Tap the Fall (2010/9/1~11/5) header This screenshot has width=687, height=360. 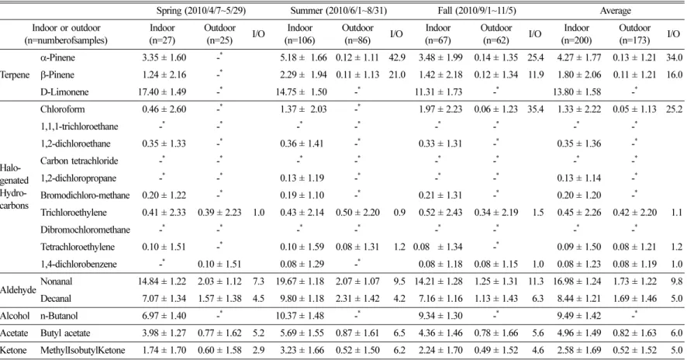(x=477, y=11)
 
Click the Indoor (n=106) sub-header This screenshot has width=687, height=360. (x=300, y=34)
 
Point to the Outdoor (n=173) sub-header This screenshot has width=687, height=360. (x=634, y=34)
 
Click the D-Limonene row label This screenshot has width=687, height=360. (x=64, y=92)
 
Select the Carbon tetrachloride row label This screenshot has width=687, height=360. (x=79, y=161)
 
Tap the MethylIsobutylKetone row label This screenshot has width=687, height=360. (x=83, y=351)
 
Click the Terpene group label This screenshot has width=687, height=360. (x=15, y=75)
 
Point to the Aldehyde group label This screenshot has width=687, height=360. (x=18, y=290)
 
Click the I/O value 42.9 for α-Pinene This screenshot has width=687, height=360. (x=397, y=57)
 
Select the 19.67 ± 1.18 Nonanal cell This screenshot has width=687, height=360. (x=300, y=282)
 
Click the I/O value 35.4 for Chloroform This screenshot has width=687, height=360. (x=535, y=109)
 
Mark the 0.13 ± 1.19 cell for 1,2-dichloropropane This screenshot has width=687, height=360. (x=302, y=178)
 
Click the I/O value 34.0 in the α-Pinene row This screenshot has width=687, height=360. (x=675, y=57)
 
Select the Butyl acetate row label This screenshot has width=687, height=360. (x=65, y=334)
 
